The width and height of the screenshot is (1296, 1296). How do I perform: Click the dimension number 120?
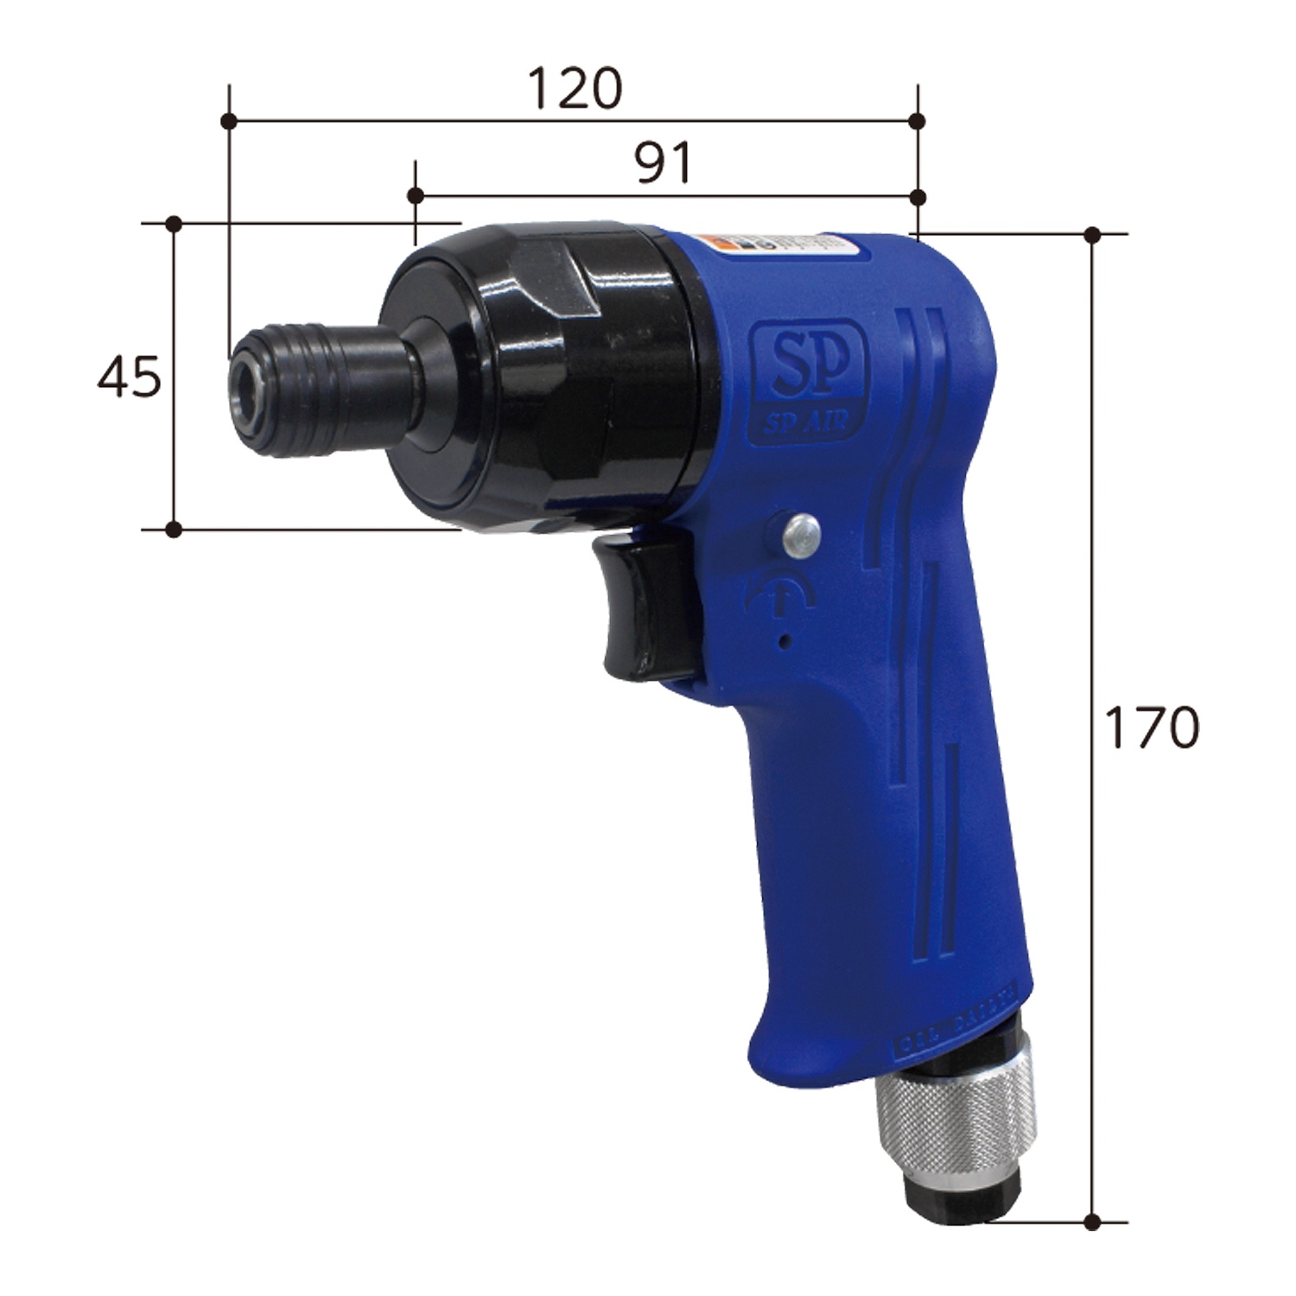click(x=575, y=88)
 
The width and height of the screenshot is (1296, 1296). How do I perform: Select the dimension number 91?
click(x=664, y=164)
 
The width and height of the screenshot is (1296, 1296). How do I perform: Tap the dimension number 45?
click(x=129, y=378)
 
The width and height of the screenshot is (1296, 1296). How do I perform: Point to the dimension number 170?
click(x=1153, y=728)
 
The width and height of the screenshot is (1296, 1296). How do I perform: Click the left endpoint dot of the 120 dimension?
click(x=229, y=121)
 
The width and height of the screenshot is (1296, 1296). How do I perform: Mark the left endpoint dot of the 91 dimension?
click(x=416, y=197)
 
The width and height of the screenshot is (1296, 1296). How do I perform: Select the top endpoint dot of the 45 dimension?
click(x=174, y=224)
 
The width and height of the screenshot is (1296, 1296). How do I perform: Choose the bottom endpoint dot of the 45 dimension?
click(x=174, y=529)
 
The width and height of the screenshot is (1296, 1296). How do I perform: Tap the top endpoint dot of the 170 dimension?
click(x=1092, y=234)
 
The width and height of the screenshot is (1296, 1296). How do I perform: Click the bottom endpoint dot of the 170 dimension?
click(x=1092, y=1222)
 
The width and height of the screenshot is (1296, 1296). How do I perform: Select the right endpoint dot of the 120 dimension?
click(x=918, y=121)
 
